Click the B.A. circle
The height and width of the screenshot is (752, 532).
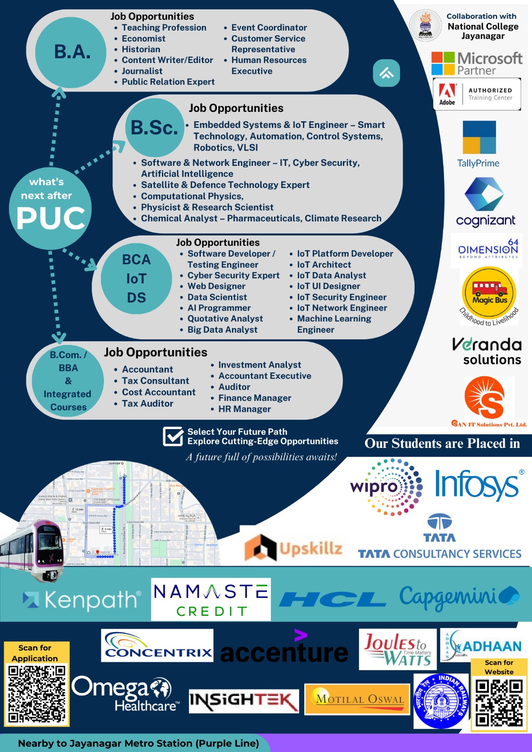(72, 52)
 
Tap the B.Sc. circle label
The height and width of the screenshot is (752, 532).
(154, 127)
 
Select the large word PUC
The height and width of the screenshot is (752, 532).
(51, 218)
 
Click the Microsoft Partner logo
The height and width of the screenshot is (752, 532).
(476, 63)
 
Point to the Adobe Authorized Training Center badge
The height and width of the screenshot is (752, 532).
(476, 94)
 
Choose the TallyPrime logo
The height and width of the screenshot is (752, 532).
(479, 144)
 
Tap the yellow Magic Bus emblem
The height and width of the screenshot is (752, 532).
(489, 293)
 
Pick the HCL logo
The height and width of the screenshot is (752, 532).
(333, 600)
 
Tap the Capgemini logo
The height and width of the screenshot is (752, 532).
(459, 597)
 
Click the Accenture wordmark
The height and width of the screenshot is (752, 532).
(284, 651)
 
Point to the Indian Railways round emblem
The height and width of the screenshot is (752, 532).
(441, 700)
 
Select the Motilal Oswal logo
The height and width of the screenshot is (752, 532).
(357, 699)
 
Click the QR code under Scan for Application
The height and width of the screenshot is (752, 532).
(37, 693)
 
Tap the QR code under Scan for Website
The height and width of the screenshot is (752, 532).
(499, 703)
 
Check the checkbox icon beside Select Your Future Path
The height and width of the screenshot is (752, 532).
(173, 436)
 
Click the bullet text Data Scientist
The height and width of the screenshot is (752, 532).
(217, 297)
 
